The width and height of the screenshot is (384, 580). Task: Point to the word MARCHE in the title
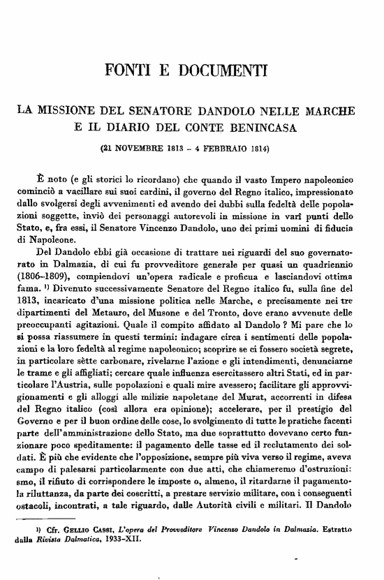[325, 111]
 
